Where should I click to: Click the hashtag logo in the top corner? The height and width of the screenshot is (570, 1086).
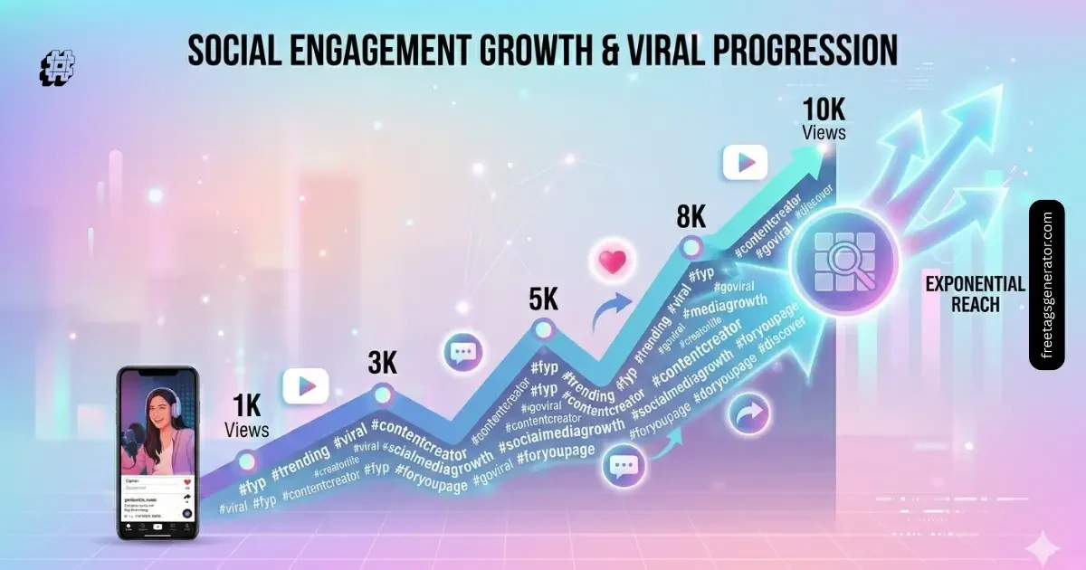coord(58,68)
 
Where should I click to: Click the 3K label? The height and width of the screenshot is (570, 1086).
coord(382,363)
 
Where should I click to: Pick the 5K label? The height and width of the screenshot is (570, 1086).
coord(543,299)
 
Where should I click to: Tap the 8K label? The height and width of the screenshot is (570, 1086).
coord(691,218)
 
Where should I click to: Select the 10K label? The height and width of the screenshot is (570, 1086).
coord(824,110)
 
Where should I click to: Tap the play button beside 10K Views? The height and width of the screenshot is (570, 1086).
coord(745,163)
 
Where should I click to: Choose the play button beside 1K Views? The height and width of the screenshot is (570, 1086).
coord(305,386)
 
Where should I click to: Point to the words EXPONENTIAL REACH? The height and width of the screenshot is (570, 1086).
coord(975,294)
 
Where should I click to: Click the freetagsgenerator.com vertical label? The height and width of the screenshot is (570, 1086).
coord(1047,285)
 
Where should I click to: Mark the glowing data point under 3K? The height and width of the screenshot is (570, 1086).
coord(382,394)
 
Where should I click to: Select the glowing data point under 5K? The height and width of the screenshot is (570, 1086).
coord(543,329)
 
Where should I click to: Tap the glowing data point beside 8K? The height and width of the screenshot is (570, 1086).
coord(692,245)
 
